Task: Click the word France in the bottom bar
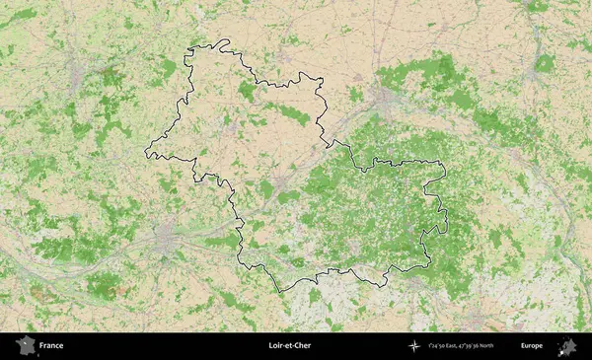coord(51,346)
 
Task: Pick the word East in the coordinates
coord(450,346)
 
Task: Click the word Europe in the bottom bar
coord(532,346)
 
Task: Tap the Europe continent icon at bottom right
coord(567,346)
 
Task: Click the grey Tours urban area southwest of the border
coord(166,238)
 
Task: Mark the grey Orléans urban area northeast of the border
coord(384,99)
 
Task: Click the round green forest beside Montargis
coord(545,64)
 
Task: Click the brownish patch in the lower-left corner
coord(39,292)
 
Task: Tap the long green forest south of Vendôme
coord(287,114)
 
